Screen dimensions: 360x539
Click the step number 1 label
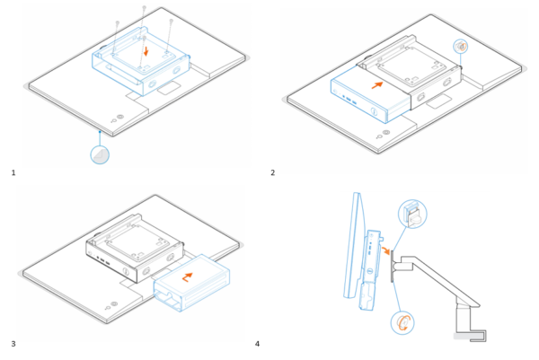13,171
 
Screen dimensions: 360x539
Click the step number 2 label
272,171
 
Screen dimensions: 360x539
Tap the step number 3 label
13,343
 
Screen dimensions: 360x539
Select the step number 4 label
258,343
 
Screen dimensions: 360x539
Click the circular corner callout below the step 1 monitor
102,154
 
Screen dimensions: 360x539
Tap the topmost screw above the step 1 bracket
144,8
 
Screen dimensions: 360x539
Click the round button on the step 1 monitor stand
121,117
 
